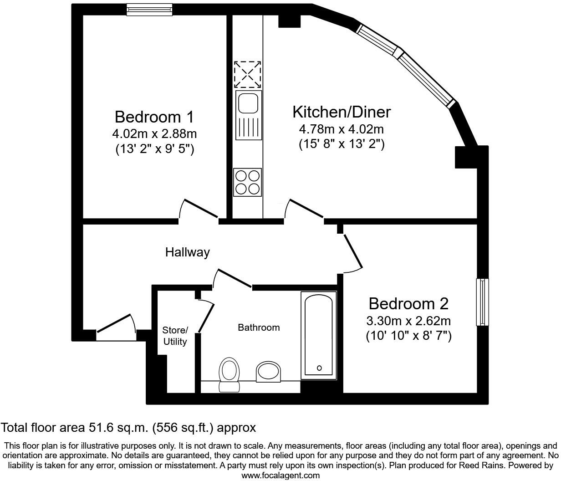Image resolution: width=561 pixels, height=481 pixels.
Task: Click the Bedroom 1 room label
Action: (x=154, y=117)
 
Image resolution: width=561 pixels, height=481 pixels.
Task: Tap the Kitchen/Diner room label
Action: (x=341, y=112)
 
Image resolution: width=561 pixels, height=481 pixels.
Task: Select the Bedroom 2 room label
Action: (x=408, y=303)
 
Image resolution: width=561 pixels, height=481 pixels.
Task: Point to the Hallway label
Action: (x=187, y=252)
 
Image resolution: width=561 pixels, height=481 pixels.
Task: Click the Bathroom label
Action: (x=259, y=327)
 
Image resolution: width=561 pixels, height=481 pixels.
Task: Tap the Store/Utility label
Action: (x=175, y=336)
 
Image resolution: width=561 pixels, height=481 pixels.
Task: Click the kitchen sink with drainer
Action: (x=248, y=115)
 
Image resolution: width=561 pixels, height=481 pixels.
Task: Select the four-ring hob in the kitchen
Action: (x=248, y=182)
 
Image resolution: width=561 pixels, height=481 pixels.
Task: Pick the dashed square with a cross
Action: (x=248, y=75)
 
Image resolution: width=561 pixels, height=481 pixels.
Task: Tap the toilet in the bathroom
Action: (x=229, y=374)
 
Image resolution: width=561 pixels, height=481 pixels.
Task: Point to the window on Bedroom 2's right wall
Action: (x=482, y=302)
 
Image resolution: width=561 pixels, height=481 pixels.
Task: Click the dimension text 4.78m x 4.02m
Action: (x=341, y=129)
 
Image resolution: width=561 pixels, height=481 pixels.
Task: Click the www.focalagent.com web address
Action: (x=280, y=476)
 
